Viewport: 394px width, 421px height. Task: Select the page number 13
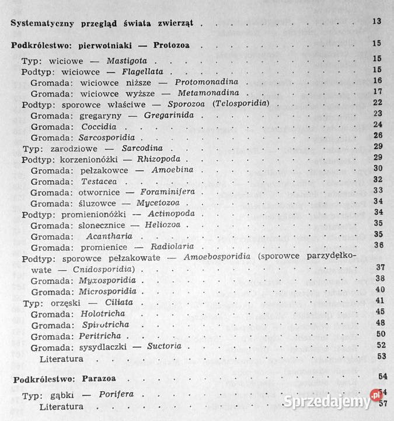376,23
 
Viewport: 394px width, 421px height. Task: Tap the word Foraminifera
172,192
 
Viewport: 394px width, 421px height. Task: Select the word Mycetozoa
166,202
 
